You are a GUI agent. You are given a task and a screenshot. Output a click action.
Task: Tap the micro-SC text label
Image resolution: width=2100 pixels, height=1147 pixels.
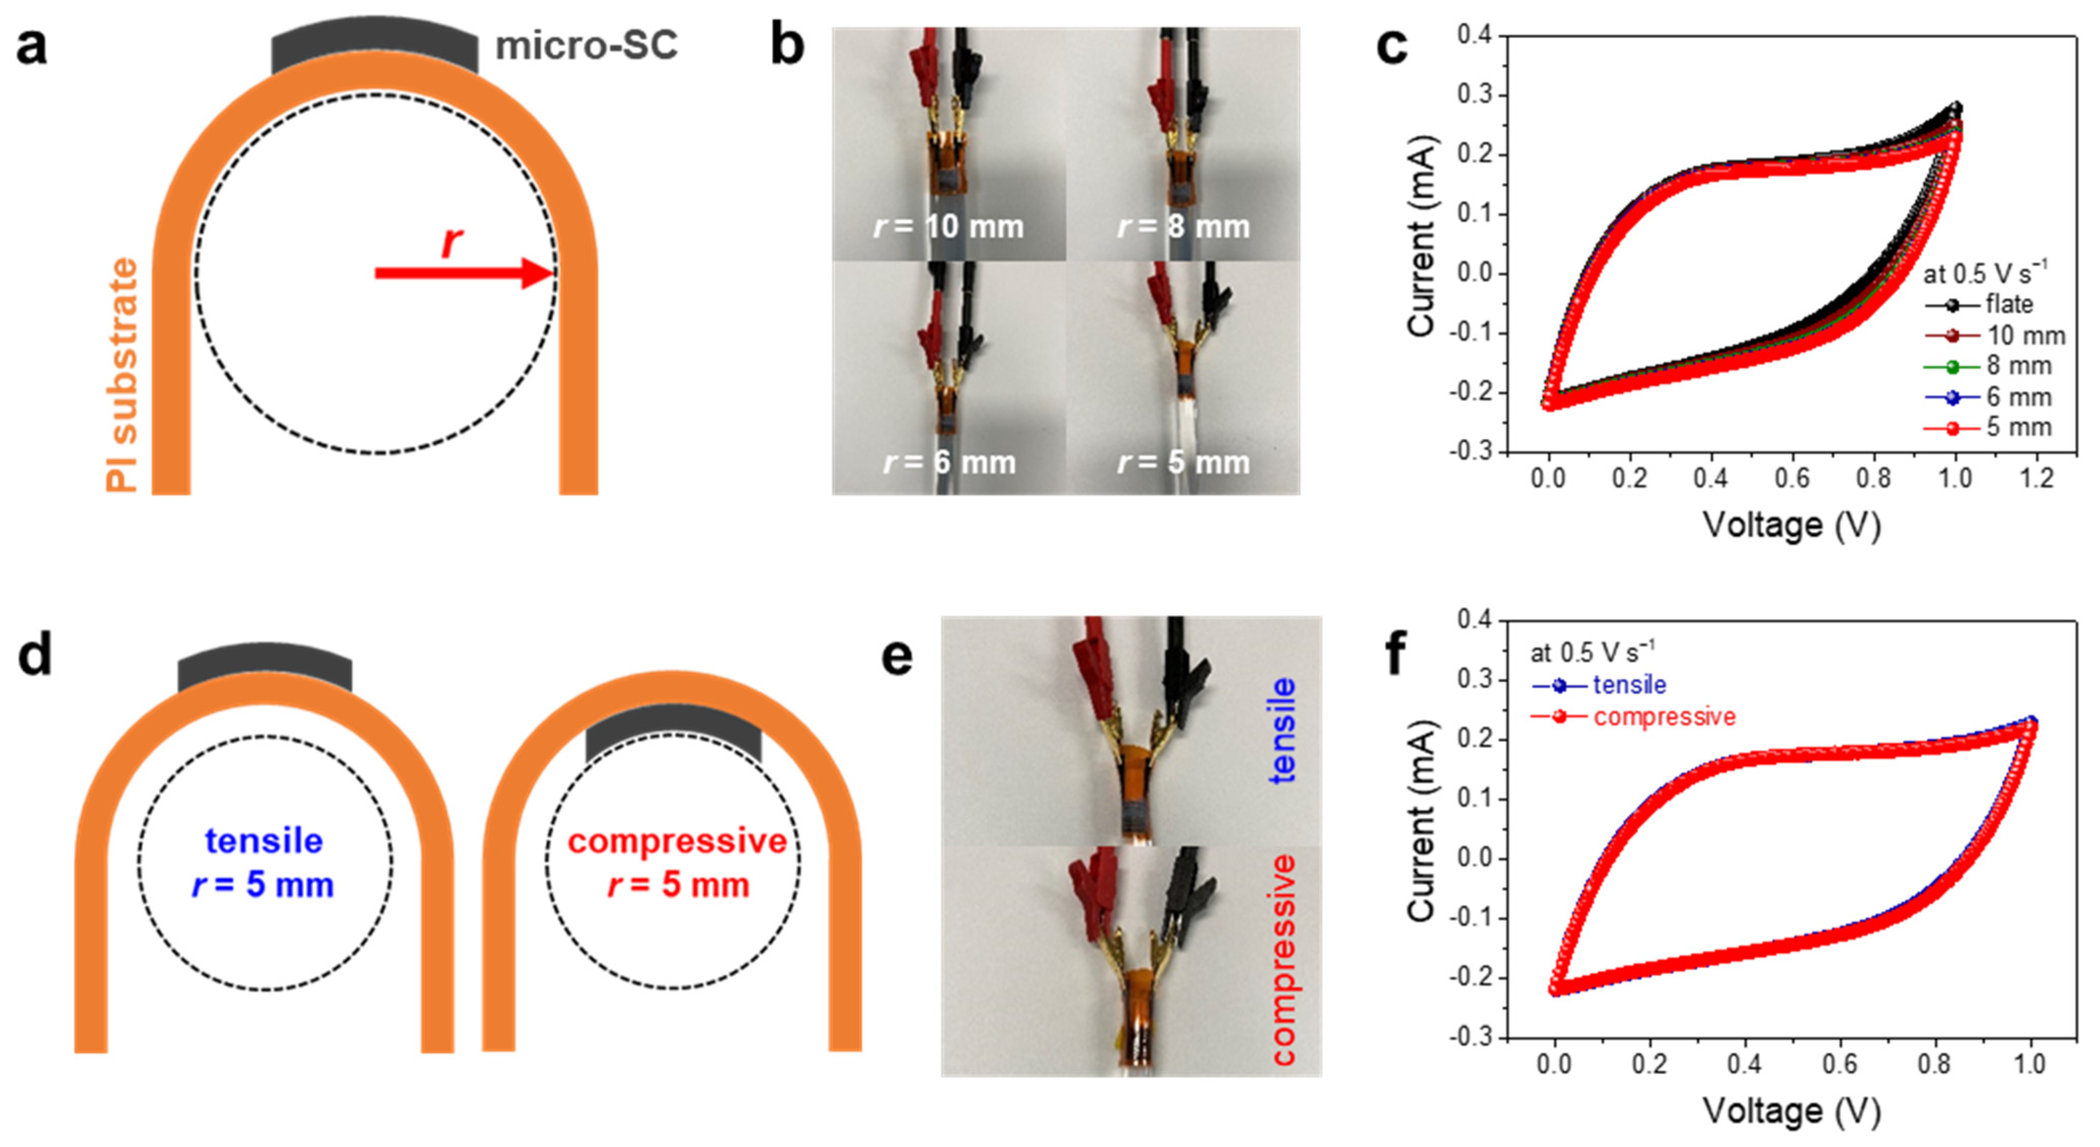[x=586, y=45]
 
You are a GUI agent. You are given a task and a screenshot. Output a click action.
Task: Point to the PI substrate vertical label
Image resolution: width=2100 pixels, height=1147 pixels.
[x=122, y=375]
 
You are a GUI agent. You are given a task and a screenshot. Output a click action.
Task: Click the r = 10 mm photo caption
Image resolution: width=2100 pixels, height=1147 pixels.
[x=948, y=226]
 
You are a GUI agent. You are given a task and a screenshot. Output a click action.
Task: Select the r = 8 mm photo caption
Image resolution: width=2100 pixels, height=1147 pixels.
[x=1183, y=226]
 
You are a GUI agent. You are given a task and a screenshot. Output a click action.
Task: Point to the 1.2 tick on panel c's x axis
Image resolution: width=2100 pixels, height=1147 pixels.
[x=2036, y=478]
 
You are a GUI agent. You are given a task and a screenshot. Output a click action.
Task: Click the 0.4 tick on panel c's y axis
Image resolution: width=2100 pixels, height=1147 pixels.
[x=1474, y=35]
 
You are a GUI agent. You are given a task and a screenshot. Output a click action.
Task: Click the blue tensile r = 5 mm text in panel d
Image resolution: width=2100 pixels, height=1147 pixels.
[x=263, y=862]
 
